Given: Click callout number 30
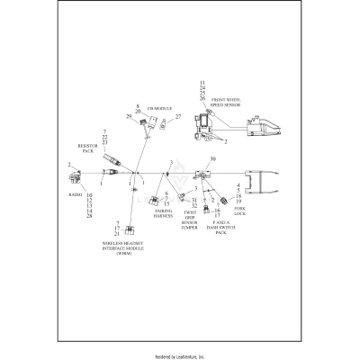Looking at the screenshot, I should point(212,159).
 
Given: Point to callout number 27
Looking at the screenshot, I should point(177,117).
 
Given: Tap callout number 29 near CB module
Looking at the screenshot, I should point(130,117).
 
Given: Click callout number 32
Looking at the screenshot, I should point(194,206).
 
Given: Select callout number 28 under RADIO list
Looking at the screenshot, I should point(88,216).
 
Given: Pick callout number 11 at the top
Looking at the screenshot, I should point(202,82).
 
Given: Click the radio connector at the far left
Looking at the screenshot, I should point(76,170).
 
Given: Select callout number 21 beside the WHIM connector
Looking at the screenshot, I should point(117,233).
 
